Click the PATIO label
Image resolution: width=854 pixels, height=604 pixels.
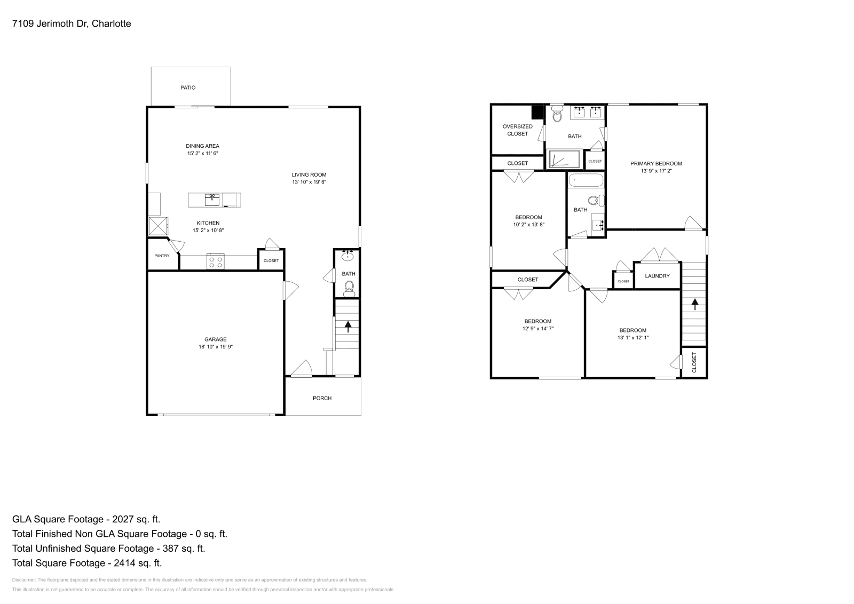pos(188,88)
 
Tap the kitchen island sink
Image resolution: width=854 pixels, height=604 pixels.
pos(212,200)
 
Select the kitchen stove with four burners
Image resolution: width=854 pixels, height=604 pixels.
pos(215,261)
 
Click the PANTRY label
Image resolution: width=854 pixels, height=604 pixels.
pos(162,256)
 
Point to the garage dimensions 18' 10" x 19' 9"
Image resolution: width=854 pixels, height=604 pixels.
pos(215,347)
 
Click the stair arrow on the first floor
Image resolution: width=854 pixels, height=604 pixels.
pos(348,326)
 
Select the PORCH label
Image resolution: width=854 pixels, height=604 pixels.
pos(322,398)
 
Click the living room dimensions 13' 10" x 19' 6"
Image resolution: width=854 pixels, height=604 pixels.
pos(309,182)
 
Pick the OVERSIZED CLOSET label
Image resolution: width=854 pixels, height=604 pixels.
pos(517,130)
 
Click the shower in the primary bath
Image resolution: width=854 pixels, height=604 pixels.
pos(564,159)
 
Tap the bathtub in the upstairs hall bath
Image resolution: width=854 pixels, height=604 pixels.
pos(586,180)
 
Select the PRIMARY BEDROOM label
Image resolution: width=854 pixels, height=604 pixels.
pos(656,164)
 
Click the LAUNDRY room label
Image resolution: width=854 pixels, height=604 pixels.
pos(657,276)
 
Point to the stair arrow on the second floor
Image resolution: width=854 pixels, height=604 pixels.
pos(694,304)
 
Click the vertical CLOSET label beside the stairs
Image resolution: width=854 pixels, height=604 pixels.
pos(694,362)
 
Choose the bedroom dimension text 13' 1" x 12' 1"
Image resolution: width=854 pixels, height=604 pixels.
pos(632,338)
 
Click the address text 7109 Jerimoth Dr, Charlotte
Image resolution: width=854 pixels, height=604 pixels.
pos(72,23)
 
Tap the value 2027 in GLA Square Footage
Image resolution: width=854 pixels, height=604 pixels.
pos(124,519)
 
